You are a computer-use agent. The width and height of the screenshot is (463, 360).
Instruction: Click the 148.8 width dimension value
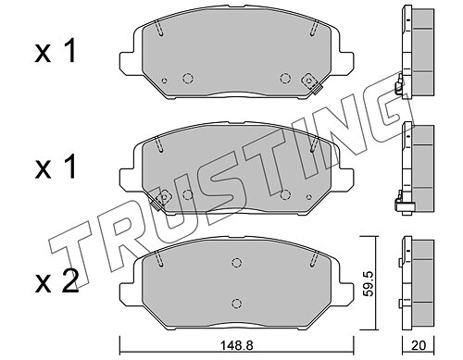tap(236, 345)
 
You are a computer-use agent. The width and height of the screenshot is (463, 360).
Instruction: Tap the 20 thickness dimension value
tap(419, 345)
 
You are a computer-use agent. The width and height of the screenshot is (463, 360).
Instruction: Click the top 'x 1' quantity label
tap(55, 52)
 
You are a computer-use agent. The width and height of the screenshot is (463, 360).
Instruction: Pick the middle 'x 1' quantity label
tap(55, 167)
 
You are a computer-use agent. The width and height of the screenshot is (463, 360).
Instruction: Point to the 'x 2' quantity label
tap(56, 281)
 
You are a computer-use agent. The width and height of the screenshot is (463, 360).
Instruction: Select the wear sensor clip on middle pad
tap(161, 199)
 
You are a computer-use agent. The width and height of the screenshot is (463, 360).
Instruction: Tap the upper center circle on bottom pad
tap(236, 263)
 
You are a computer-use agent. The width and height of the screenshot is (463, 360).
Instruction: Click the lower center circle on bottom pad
tap(236, 303)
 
